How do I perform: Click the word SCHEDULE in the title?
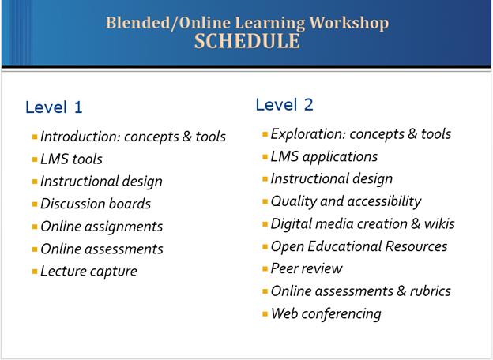(246, 41)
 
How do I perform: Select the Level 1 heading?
(54, 107)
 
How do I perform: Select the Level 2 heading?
(284, 104)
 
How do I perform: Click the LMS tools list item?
(71, 159)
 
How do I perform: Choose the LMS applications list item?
(324, 156)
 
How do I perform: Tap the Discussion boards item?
(96, 204)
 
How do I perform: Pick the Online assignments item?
(101, 227)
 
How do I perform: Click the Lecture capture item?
(88, 271)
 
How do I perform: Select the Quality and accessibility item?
(345, 201)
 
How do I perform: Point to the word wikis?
(438, 223)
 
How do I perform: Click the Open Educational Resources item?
(359, 246)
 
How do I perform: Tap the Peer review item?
(307, 268)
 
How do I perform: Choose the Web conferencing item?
(326, 313)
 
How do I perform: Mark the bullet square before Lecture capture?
(35, 272)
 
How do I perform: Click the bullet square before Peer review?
(265, 269)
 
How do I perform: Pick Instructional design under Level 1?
(101, 181)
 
